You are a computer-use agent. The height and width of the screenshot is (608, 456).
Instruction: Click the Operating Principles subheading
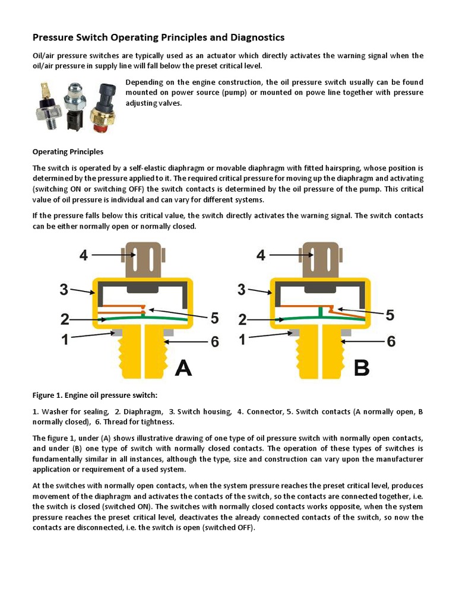click(68, 152)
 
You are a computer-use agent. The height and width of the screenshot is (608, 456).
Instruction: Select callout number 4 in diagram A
click(84, 255)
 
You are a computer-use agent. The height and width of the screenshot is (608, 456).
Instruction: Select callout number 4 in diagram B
click(261, 255)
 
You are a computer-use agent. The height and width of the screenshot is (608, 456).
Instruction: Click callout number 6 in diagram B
click(391, 341)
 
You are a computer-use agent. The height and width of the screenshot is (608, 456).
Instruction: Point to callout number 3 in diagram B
click(241, 290)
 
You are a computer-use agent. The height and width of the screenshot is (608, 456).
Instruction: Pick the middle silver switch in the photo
click(77, 101)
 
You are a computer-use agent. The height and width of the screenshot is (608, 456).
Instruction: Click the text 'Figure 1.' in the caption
click(47, 395)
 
